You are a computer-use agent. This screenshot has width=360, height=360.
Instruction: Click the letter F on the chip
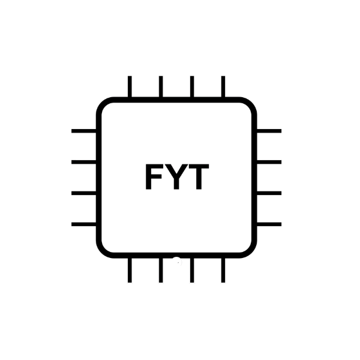click(x=154, y=176)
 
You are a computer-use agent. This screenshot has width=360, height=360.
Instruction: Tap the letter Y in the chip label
click(x=176, y=176)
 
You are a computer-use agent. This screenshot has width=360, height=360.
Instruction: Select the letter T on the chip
click(x=199, y=176)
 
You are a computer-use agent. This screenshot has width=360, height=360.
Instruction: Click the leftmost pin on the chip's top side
click(x=130, y=86)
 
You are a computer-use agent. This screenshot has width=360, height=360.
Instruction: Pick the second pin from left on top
click(x=161, y=86)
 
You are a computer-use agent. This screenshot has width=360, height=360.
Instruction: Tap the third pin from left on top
click(x=192, y=86)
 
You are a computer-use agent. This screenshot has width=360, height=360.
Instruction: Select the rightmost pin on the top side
click(x=223, y=86)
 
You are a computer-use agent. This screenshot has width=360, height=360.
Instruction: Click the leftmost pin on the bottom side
click(x=130, y=270)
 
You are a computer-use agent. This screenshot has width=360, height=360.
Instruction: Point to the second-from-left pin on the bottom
click(x=161, y=270)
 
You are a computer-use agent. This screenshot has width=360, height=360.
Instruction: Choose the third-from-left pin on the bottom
click(x=192, y=270)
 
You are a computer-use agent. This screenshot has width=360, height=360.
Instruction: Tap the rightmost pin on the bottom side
click(x=223, y=270)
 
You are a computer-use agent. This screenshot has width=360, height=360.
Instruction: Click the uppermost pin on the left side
click(x=84, y=131)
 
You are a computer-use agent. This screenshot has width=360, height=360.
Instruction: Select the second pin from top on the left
click(x=84, y=162)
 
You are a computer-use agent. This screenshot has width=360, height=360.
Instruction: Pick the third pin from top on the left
click(x=84, y=193)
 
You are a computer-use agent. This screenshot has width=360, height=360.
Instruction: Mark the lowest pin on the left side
click(x=84, y=224)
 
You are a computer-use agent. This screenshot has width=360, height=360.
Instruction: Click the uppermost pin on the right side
click(x=269, y=131)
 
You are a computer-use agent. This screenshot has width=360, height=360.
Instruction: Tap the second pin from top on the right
click(x=269, y=162)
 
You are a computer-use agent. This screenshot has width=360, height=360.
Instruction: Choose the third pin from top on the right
click(x=269, y=193)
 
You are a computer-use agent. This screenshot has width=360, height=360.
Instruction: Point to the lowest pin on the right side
click(x=269, y=224)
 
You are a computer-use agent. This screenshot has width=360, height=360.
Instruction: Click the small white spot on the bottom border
click(x=177, y=261)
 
